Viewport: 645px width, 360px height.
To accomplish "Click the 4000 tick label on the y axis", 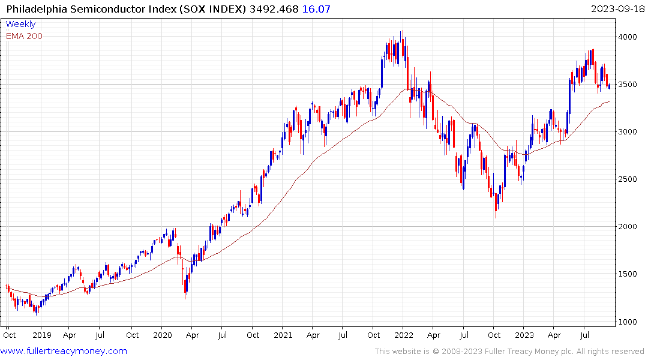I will [x=629, y=37].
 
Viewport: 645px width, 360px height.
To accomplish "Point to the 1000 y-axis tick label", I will [x=629, y=322].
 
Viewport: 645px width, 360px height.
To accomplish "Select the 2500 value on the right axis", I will [x=629, y=179].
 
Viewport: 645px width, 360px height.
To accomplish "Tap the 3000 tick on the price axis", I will [x=629, y=132].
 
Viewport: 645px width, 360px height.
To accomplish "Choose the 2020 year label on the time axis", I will [x=163, y=335].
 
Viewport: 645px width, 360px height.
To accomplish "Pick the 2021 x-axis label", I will [x=283, y=335].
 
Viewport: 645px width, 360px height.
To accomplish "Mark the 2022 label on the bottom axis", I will [x=403, y=335].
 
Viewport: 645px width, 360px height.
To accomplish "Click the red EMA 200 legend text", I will [x=24, y=36].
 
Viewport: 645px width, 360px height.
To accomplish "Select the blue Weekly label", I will [x=20, y=24].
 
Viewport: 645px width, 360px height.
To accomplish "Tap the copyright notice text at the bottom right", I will [x=509, y=351].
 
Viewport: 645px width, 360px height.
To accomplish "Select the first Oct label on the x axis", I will [x=9, y=335].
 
